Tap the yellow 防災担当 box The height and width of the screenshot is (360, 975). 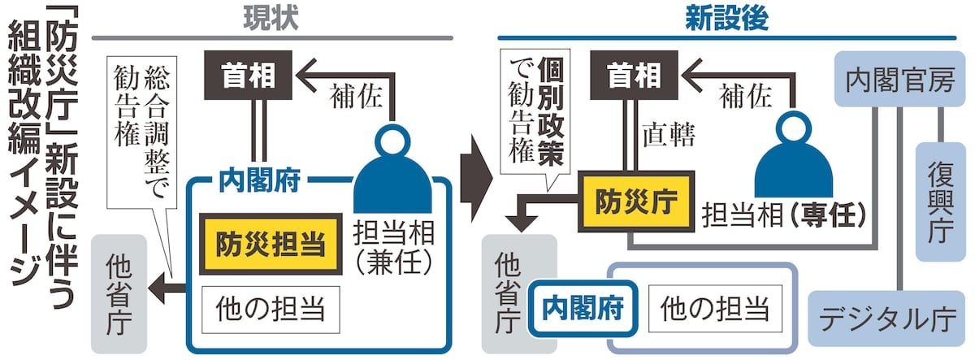pyautogui.click(x=269, y=242)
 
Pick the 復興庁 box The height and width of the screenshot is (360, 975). pyautogui.click(x=941, y=200)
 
